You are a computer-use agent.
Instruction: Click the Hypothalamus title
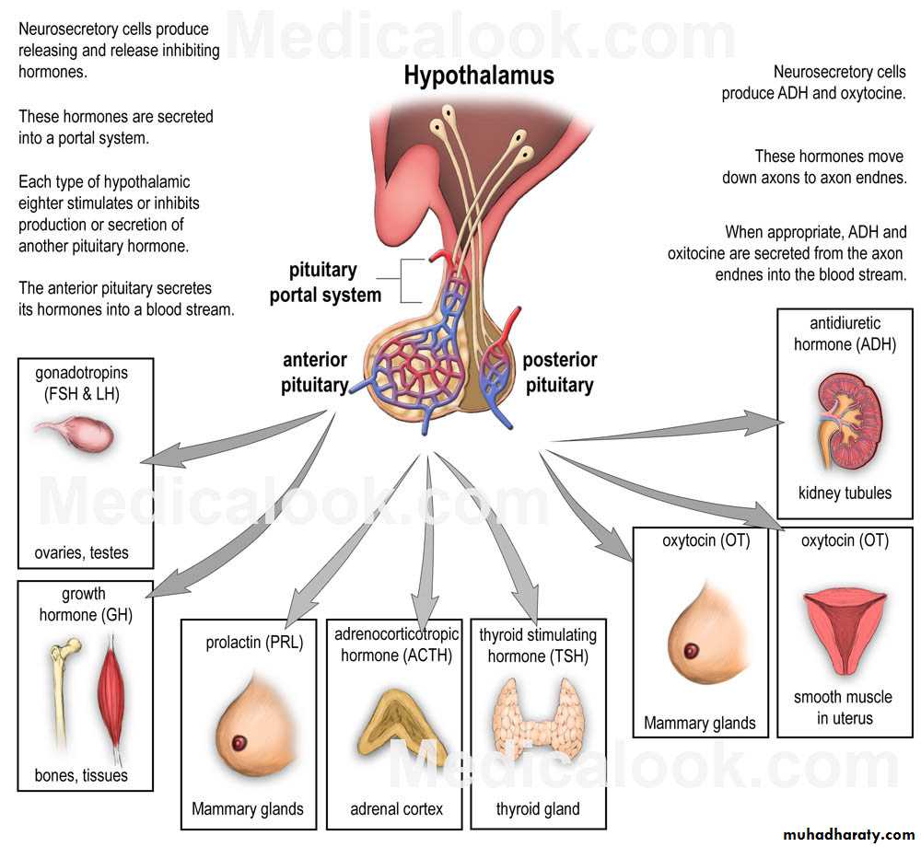tap(479, 75)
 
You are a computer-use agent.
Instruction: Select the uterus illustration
tap(845, 626)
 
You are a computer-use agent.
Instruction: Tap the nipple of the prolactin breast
tap(242, 742)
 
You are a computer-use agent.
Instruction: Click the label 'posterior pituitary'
tap(560, 372)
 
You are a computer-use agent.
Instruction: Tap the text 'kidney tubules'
tap(845, 493)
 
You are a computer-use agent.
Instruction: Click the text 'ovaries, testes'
tap(82, 553)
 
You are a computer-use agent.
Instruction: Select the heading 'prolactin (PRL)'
tap(254, 642)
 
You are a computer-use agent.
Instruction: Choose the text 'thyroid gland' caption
tap(538, 809)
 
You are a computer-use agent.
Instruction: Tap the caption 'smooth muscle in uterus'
tap(843, 707)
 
